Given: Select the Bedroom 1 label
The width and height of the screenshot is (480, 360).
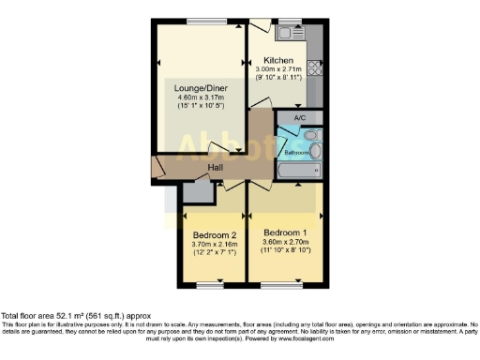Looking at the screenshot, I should tap(284, 232).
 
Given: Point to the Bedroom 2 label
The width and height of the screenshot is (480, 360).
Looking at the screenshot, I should tap(215, 234).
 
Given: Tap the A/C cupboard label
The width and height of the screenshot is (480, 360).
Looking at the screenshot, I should tap(300, 118).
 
